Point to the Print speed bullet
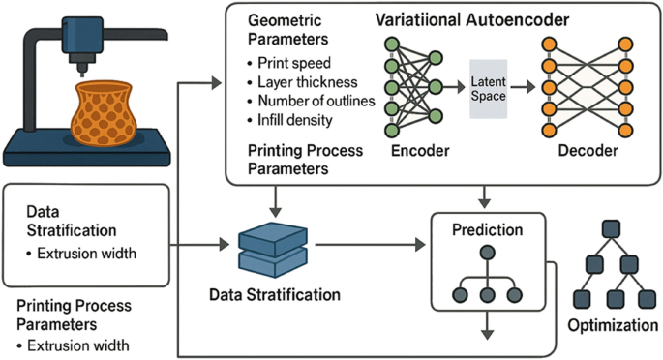(x=289, y=64)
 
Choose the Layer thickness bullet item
(x=301, y=82)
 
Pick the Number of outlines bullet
(x=309, y=101)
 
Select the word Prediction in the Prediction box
(x=488, y=231)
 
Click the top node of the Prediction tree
(x=488, y=254)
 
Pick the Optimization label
(x=610, y=323)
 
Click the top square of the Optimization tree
(x=610, y=228)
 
